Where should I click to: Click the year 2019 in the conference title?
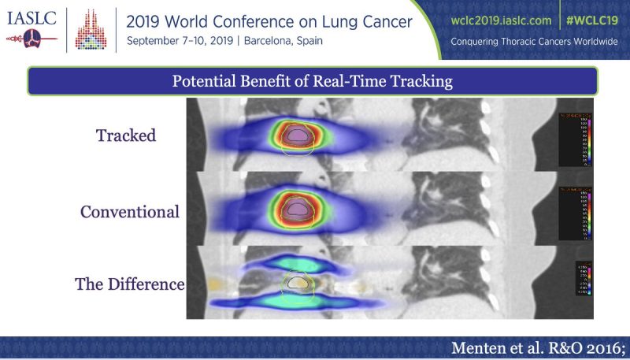(146, 20)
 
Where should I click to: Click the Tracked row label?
(125, 135)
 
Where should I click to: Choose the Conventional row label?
(129, 212)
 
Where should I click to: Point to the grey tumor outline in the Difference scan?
(297, 281)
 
